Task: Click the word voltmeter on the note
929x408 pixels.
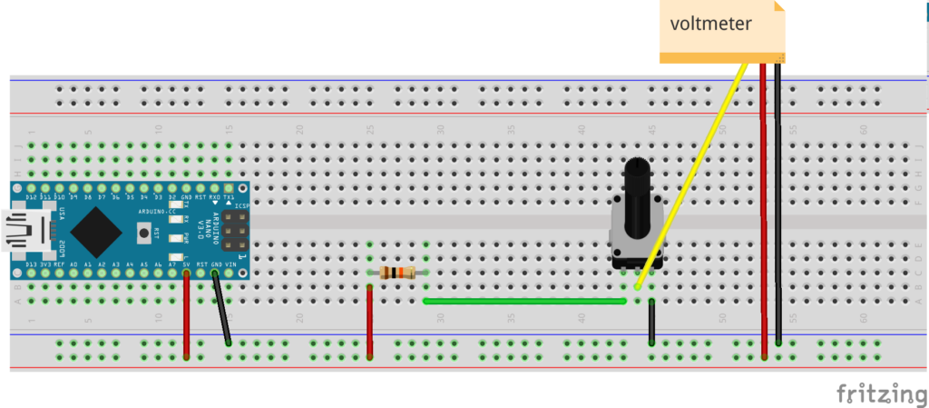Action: pos(710,24)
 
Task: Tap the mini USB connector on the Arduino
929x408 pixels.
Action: pos(20,231)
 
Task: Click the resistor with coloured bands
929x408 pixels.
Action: pos(398,272)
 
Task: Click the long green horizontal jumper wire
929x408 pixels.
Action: pos(524,301)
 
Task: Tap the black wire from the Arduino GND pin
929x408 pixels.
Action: pos(221,309)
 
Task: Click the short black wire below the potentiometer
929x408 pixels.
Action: pos(651,323)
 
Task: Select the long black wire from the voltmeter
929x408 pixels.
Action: pos(778,200)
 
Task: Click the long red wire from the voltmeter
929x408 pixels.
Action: pos(763,200)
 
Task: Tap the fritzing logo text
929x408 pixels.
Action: pos(875,393)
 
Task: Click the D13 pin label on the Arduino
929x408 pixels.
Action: pos(31,264)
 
